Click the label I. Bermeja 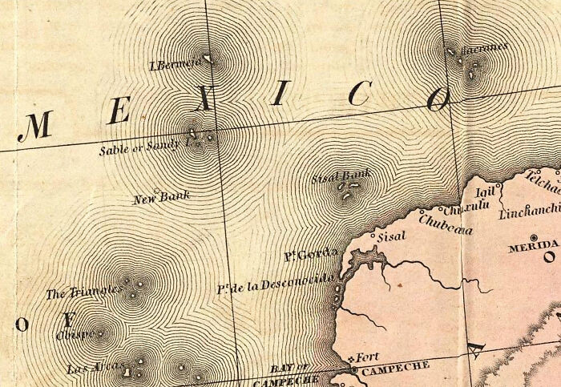173,64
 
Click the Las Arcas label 86,369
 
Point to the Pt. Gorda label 301,256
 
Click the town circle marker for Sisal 373,238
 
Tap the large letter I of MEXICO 278,96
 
